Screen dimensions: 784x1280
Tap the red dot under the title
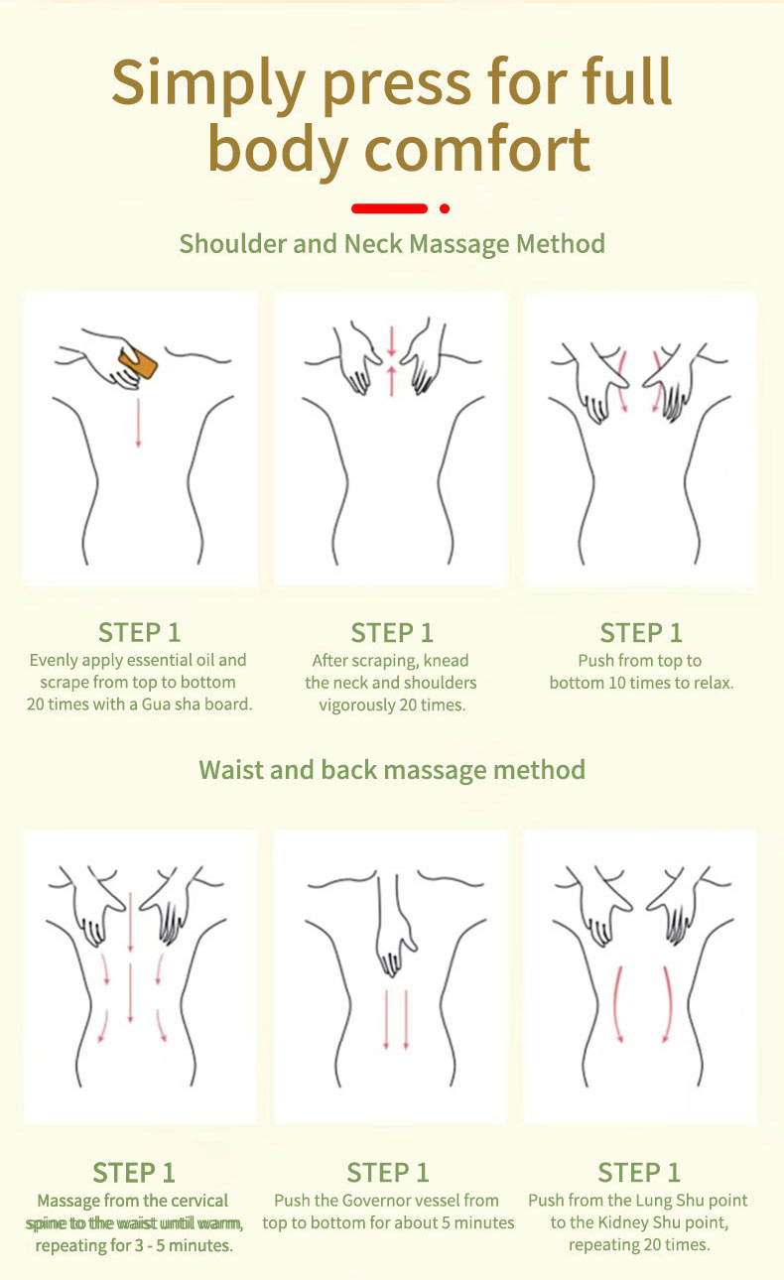tap(444, 208)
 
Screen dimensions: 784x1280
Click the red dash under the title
tap(389, 208)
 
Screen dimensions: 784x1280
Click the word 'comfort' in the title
tap(477, 149)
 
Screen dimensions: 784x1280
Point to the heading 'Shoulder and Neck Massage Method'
tap(392, 244)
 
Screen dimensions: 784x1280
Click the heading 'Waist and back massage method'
tap(392, 770)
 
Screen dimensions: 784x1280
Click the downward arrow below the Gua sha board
tap(138, 423)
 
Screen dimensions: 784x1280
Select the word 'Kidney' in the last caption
tap(622, 1222)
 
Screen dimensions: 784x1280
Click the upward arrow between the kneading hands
tap(392, 381)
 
